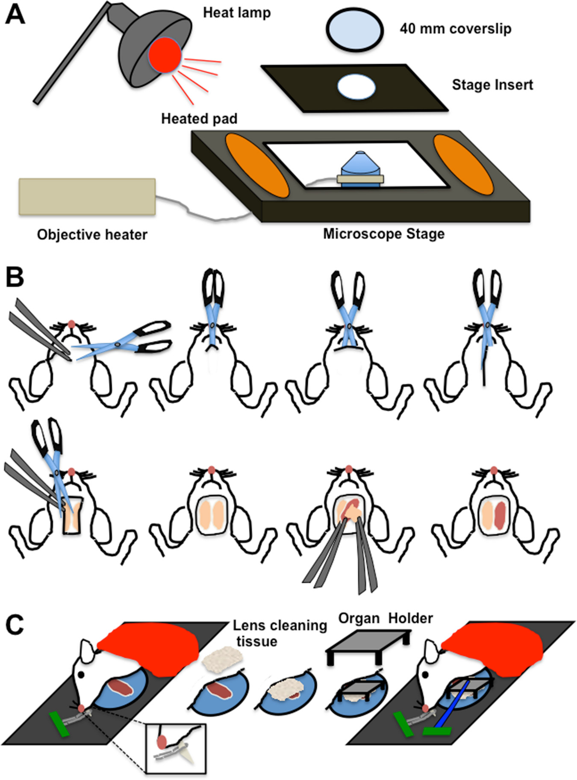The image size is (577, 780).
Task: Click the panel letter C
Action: [x=15, y=625]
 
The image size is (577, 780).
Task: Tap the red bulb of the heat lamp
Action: [x=165, y=55]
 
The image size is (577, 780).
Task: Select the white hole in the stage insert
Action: [x=356, y=87]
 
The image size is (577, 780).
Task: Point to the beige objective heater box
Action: [x=87, y=197]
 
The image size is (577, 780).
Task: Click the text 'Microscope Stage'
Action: [x=383, y=234]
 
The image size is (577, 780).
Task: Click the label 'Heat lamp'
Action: [x=237, y=13]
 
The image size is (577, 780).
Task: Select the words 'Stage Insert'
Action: [x=492, y=85]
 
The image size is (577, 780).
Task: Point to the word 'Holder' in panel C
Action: [x=410, y=618]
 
